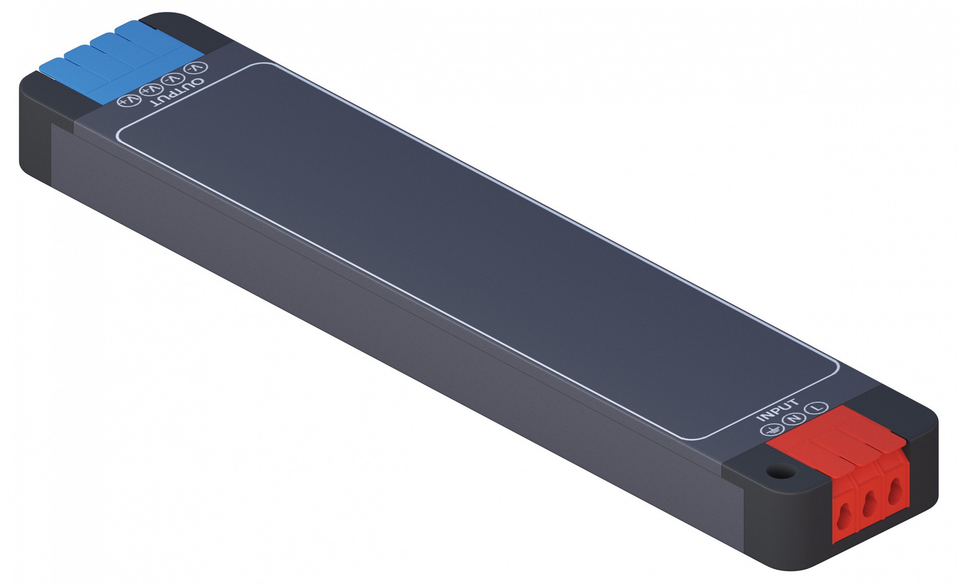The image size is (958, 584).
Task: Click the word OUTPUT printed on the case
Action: coord(177,92)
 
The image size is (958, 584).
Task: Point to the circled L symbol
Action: coord(816,408)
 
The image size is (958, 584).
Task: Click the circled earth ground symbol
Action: coord(770,429)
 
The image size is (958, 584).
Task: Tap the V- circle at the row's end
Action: coord(195,68)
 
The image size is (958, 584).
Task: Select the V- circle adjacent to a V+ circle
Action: coord(173,79)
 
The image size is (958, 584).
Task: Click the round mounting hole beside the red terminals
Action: coord(781,471)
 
